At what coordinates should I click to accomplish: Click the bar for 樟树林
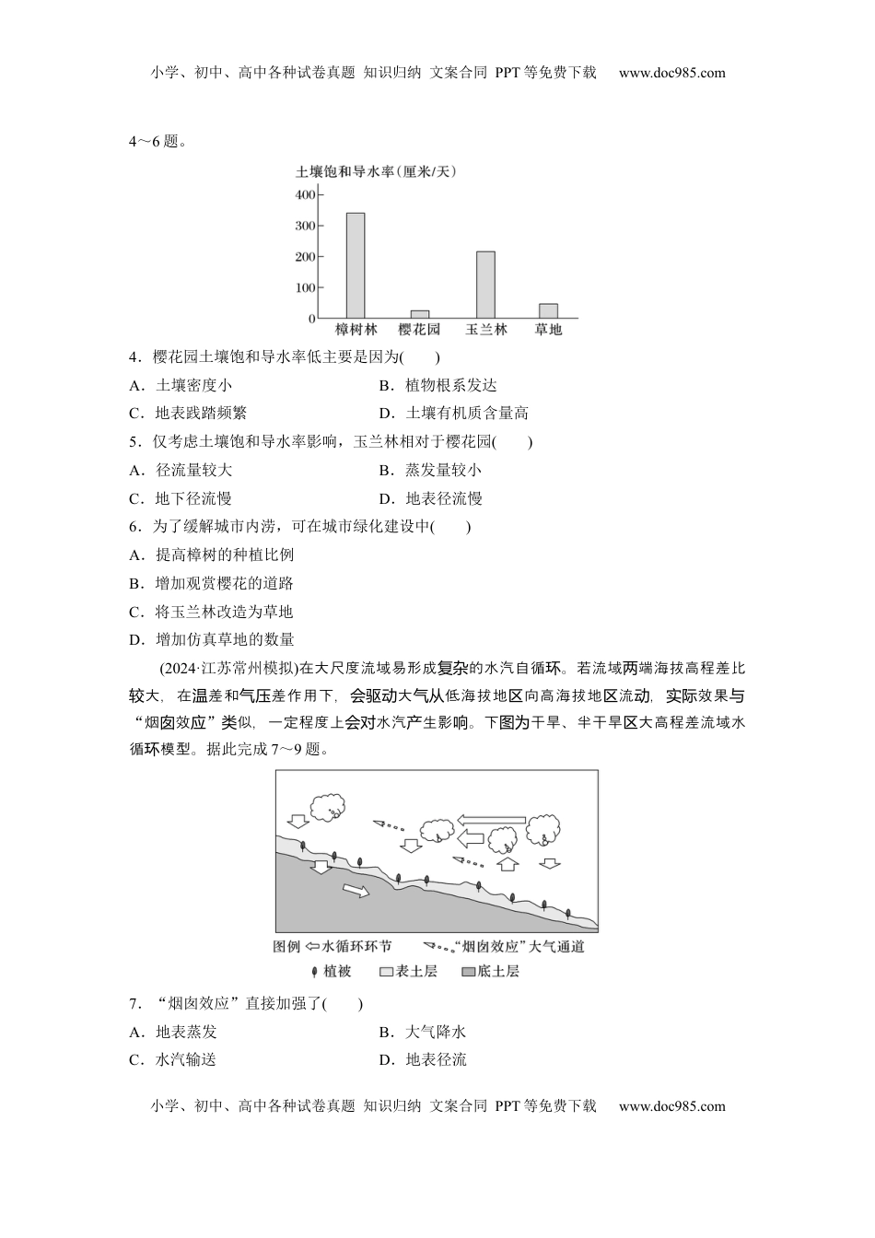(x=355, y=265)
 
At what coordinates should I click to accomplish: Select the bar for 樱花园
(x=419, y=314)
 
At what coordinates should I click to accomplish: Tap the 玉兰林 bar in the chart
(x=484, y=285)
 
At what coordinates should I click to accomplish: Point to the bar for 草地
(x=548, y=310)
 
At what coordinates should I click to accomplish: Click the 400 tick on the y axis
(x=305, y=195)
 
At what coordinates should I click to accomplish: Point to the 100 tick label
(x=305, y=287)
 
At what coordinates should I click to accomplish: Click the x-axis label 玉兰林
(x=485, y=330)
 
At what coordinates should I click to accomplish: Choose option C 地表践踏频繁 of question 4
(x=201, y=414)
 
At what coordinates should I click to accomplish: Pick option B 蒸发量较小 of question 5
(x=443, y=471)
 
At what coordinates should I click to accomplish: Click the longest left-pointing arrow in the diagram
(x=492, y=819)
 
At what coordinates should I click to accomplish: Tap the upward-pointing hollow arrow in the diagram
(x=507, y=864)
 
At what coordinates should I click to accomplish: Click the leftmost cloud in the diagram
(x=326, y=807)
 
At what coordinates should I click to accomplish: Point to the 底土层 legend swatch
(x=468, y=972)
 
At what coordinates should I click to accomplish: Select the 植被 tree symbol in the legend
(x=315, y=972)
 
